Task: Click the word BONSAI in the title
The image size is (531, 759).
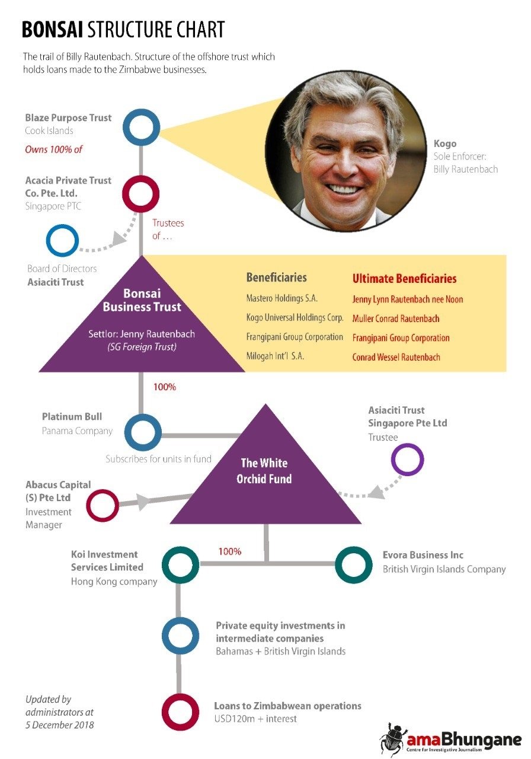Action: point(53,29)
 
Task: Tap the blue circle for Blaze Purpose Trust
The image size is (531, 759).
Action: point(141,111)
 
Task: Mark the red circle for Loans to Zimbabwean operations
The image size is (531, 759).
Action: point(180,697)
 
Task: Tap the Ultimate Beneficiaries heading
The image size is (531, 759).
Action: point(404,279)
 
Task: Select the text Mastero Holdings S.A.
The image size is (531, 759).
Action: point(282,298)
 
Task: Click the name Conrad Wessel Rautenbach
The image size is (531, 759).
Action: point(396,357)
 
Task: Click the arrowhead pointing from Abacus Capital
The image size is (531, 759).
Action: point(143,501)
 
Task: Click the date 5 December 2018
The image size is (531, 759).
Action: point(60,725)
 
